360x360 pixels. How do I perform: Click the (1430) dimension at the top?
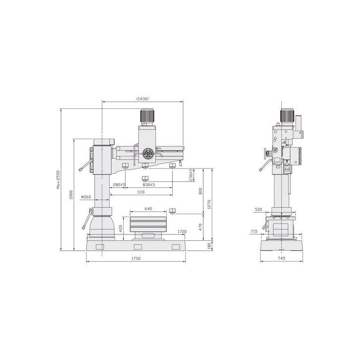point(142,99)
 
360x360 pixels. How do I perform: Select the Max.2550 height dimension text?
point(58,180)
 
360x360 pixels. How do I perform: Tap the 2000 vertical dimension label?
point(71,194)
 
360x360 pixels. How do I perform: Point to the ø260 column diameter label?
point(86,197)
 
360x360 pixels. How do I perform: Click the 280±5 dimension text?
point(119,184)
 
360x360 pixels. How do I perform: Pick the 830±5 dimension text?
point(149,184)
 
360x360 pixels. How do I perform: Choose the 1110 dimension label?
point(141,192)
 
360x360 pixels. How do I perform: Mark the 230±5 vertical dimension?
point(191,175)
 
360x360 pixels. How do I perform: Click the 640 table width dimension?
point(148,209)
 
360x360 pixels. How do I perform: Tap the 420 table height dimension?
point(121,228)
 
